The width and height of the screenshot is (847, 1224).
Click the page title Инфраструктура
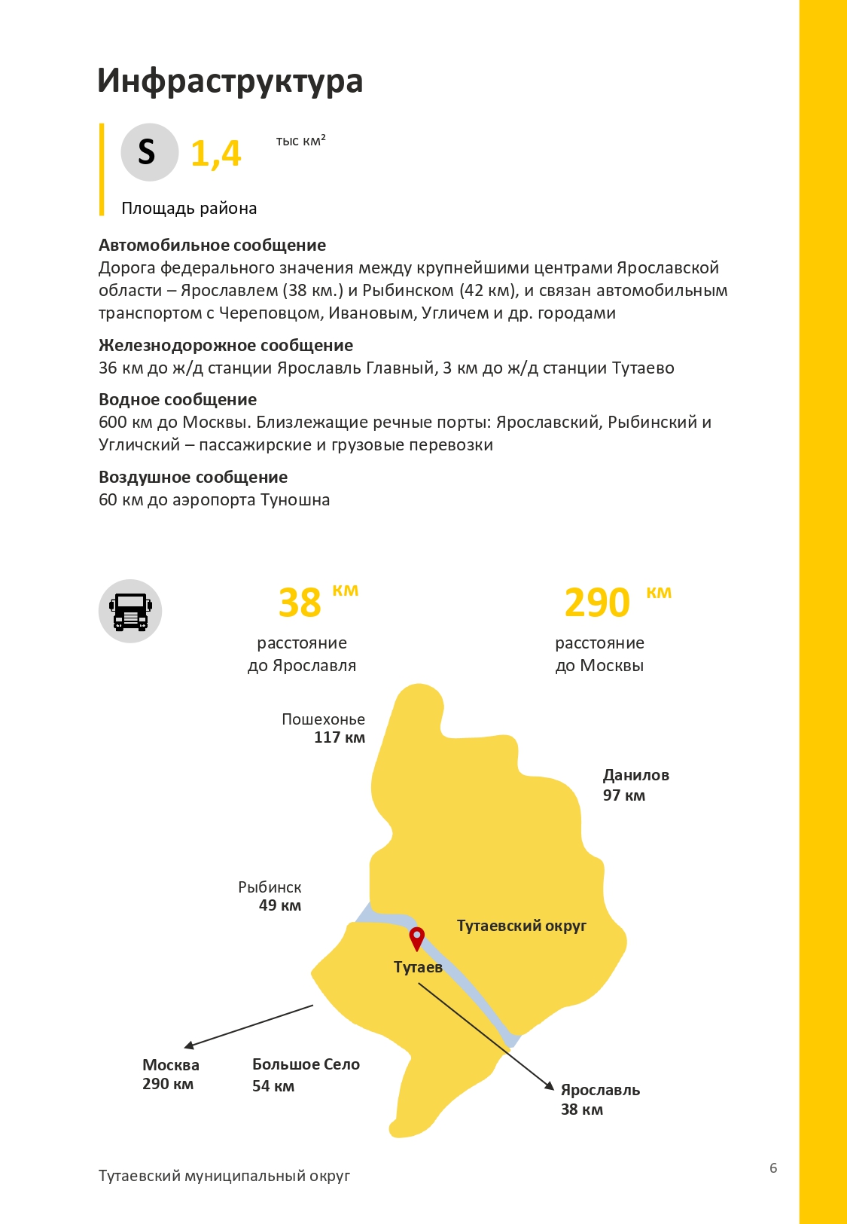[230, 81]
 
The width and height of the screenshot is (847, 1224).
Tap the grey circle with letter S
[149, 152]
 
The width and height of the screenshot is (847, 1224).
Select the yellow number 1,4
[215, 154]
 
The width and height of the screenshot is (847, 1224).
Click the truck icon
[130, 611]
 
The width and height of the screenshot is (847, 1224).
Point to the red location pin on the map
[416, 939]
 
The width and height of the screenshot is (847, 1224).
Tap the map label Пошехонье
[323, 719]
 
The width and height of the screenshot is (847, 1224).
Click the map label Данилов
[635, 775]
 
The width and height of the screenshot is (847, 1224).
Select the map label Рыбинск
[270, 887]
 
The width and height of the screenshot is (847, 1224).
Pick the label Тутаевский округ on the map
[521, 926]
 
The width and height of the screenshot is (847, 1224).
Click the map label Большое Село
[306, 1064]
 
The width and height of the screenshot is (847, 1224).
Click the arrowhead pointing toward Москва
[189, 1045]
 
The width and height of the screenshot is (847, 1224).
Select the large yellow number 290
[597, 603]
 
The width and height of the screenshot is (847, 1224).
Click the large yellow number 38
[300, 603]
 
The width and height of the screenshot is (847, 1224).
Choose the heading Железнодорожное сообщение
[226, 345]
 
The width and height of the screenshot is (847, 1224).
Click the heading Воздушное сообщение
[193, 477]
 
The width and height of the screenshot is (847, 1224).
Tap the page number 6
[773, 1168]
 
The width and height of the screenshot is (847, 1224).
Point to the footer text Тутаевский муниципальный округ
[224, 1176]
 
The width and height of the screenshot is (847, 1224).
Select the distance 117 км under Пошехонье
[339, 737]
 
